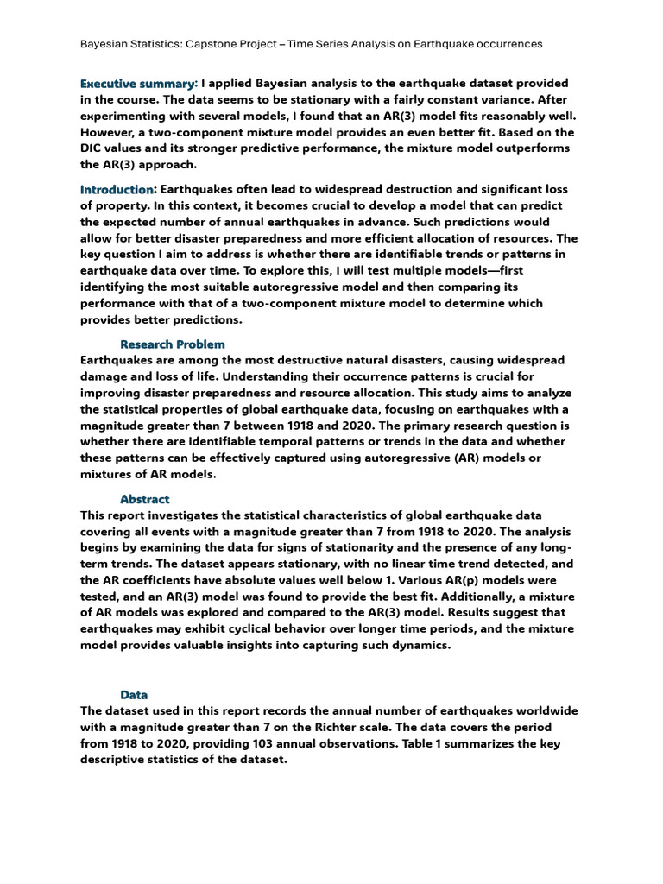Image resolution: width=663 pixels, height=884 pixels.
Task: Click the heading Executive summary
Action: click(138, 84)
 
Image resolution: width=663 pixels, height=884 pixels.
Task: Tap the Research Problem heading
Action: click(173, 344)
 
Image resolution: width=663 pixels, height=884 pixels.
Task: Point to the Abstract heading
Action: click(145, 499)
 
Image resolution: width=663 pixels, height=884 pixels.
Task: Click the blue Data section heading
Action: click(134, 694)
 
